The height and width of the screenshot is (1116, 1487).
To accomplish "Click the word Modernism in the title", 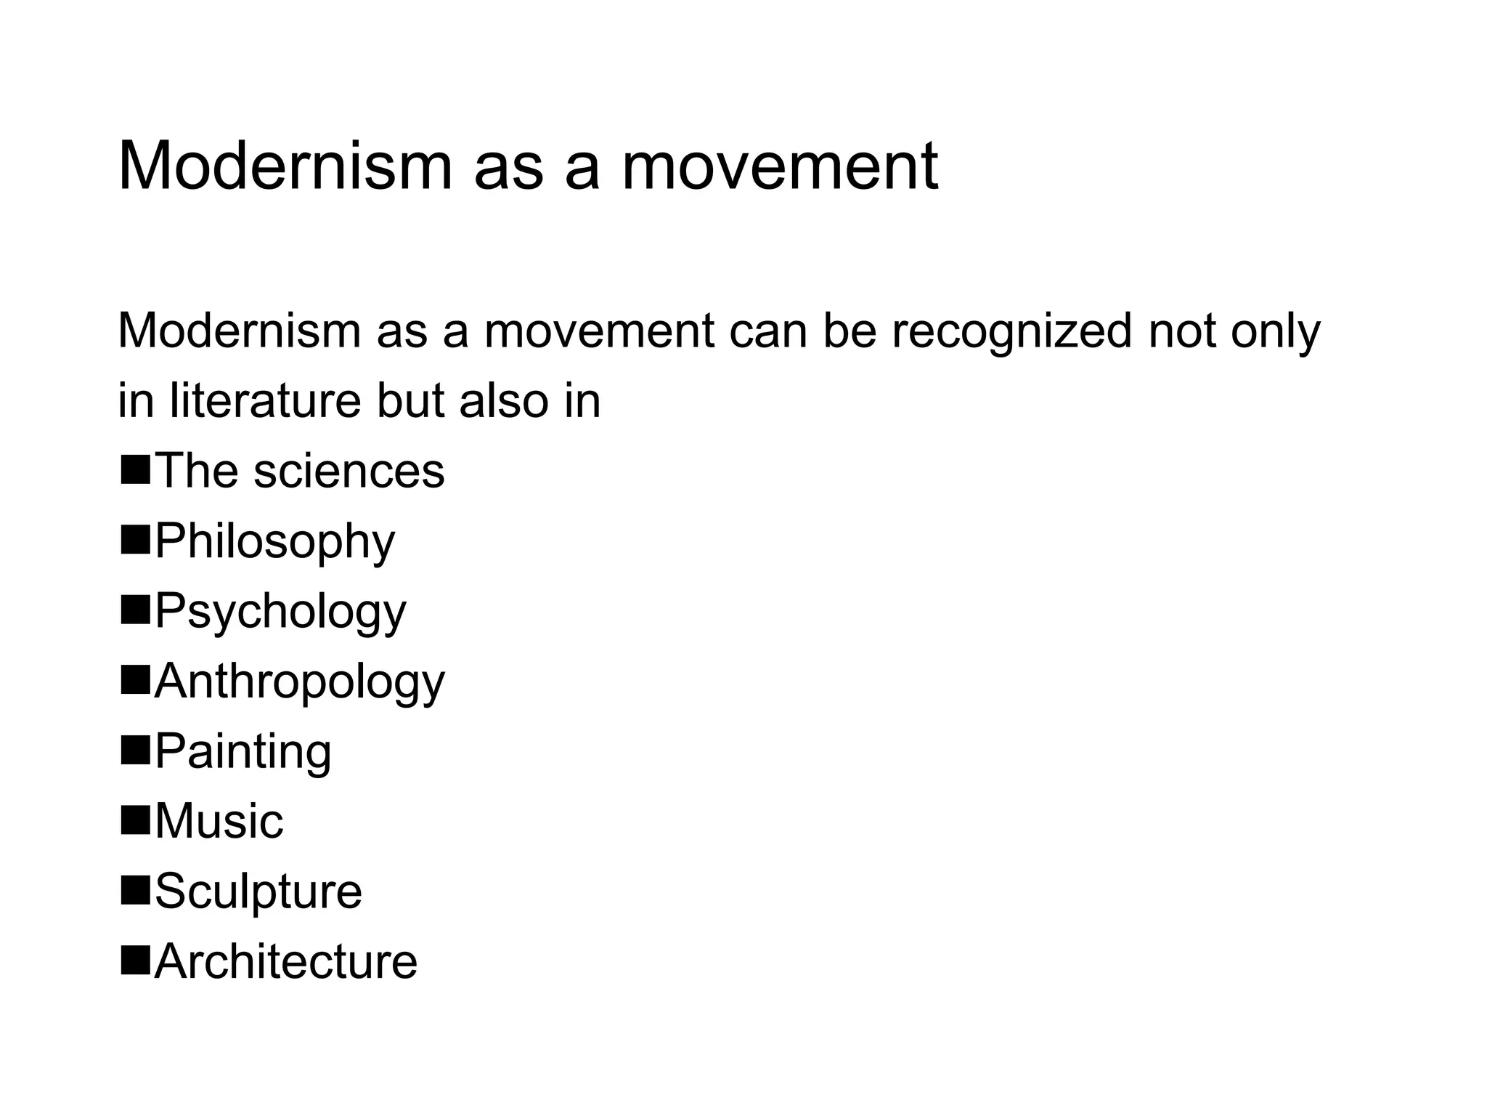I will click(284, 167).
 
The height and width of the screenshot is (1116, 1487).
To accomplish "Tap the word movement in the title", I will click(780, 167).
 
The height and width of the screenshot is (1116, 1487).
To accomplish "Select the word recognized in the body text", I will click(1011, 331).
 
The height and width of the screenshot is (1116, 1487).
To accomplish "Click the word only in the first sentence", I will click(1276, 331).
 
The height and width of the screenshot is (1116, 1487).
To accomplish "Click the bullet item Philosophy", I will click(274, 541).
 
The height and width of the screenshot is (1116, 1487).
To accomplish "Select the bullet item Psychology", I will click(280, 612).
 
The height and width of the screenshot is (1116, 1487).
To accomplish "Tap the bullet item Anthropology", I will click(299, 682).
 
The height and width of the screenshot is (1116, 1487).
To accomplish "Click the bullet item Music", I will click(219, 822).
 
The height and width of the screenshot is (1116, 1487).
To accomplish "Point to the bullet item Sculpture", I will click(258, 891).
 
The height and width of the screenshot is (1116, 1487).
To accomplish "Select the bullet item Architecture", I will click(285, 961).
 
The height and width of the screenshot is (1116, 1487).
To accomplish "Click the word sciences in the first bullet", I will click(349, 471).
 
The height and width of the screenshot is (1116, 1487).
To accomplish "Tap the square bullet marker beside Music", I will click(135, 819).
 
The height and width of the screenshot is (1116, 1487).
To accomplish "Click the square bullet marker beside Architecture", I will click(135, 959).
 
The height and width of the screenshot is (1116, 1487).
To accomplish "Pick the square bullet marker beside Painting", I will click(135, 749).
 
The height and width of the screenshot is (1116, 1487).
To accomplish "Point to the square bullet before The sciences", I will click(135, 469).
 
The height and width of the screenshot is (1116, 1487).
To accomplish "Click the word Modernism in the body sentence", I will click(239, 331).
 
